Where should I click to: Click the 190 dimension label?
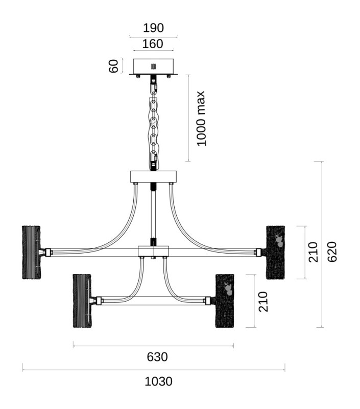point(153,28)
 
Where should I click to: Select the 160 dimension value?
point(153,44)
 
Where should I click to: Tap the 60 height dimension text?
point(113,66)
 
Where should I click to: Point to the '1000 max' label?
point(201,119)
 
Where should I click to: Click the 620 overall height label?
point(332,252)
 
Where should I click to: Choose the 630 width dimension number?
point(157,357)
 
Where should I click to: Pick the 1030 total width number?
point(158,381)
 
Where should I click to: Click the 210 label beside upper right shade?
point(313,252)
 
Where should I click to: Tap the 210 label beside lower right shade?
point(263,302)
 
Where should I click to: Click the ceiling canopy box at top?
point(153,67)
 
